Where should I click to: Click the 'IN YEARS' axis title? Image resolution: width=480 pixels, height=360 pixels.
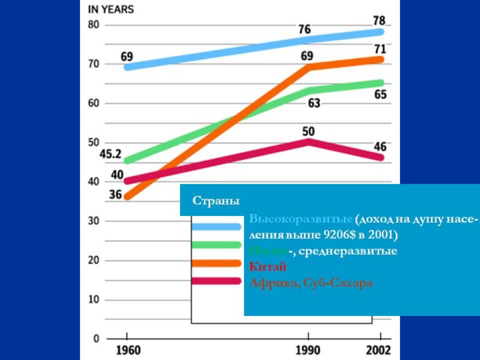(111, 9)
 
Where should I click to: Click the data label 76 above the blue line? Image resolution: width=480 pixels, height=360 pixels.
(305, 29)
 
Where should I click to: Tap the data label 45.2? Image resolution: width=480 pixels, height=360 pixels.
(110, 154)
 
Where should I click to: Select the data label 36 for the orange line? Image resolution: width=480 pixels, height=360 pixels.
(116, 195)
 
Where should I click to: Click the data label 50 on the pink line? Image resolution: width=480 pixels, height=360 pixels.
(309, 131)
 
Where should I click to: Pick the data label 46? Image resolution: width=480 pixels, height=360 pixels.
(380, 146)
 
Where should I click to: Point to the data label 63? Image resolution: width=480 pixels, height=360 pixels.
(314, 103)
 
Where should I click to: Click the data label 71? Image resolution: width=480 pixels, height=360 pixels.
(380, 49)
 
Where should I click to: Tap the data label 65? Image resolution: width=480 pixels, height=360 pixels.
(380, 95)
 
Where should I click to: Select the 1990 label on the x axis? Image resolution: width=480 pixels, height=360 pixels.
(307, 350)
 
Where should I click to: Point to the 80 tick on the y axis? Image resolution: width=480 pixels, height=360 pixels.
(93, 25)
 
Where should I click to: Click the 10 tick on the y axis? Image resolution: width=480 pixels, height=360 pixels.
(93, 299)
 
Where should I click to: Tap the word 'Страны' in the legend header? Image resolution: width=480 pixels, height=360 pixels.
(215, 201)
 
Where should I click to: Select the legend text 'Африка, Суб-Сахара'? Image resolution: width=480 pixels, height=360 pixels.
(311, 283)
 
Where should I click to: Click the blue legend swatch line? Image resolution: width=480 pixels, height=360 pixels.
(216, 227)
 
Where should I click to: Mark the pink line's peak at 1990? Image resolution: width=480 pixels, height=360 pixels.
(308, 142)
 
